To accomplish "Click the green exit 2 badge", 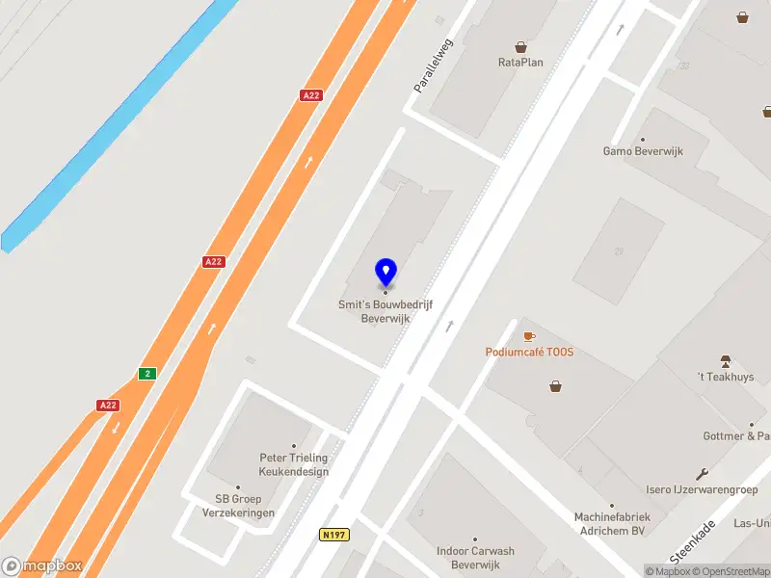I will [x=146, y=374].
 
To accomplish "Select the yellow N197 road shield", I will [x=334, y=534].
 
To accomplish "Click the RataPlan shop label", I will [x=520, y=63].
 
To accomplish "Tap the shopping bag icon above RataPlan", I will [x=520, y=46].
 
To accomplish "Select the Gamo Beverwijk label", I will [x=643, y=151].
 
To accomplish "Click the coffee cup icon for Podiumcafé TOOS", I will [x=528, y=336].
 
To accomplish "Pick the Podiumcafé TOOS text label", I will [x=529, y=352].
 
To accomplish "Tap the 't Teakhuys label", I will [x=726, y=377].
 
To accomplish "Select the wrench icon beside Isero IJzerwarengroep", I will [x=702, y=473].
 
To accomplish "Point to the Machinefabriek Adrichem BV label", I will [x=612, y=523].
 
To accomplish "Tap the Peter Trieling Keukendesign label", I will [x=294, y=464].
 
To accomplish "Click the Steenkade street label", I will [x=693, y=542].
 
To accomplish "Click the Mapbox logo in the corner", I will [x=42, y=565].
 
